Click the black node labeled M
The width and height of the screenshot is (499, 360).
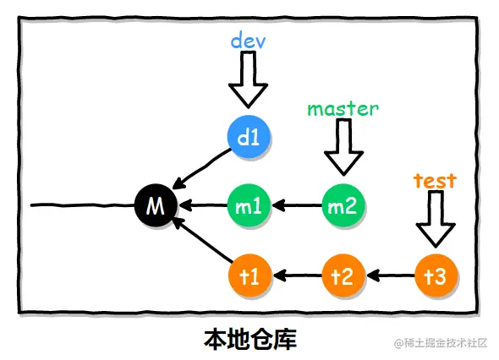coord(156,205)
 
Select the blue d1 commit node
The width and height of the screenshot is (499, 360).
coord(249,135)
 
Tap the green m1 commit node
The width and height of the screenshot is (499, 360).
coord(249,205)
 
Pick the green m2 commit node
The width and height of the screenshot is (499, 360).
coord(343,205)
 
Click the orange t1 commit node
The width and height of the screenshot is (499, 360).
coord(249,275)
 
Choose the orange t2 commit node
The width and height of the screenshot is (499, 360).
coord(343,275)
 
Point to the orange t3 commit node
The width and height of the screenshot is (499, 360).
coord(436,275)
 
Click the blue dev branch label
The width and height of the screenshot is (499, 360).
coord(249,40)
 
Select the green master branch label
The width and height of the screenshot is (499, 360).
coord(343,108)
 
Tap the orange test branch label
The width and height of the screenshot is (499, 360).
coord(435,179)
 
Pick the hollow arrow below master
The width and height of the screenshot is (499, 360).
coord(343,147)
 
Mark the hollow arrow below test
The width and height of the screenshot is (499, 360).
coord(436,218)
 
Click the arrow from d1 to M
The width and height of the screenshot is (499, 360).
coord(203,169)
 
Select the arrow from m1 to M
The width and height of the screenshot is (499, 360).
coord(202,205)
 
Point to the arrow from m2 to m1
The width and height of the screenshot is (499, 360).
coord(296,205)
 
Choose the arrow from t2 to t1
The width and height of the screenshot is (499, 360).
coord(296,275)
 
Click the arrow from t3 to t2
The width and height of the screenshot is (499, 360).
coord(389,275)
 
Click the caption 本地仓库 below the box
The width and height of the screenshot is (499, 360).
coord(249,340)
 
